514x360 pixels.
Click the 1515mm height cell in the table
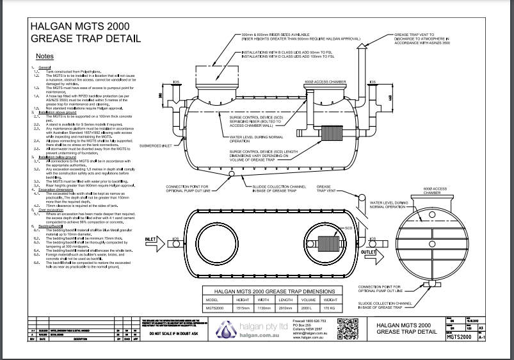click(x=243, y=307)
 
